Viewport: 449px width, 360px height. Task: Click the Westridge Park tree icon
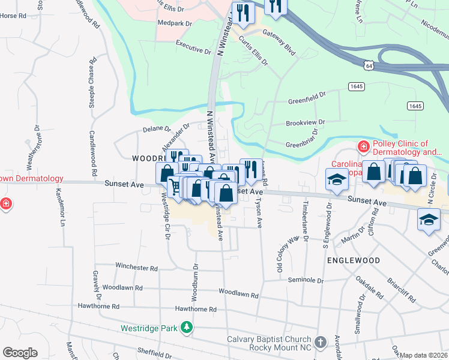[x=187, y=327]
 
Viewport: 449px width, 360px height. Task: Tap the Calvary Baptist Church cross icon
[x=321, y=342]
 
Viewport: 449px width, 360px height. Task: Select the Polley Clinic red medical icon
[x=363, y=146]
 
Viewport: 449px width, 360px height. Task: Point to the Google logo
[x=20, y=352]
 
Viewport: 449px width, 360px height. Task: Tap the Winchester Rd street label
[x=136, y=268]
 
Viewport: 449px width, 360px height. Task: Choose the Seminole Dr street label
[x=306, y=280]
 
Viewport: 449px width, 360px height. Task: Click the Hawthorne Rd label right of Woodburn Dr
[x=195, y=309]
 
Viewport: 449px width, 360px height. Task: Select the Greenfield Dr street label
[x=306, y=95]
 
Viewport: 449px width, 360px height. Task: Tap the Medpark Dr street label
[x=174, y=23]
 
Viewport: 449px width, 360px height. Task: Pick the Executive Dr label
[x=193, y=47]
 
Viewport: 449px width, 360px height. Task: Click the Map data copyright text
[x=424, y=355]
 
